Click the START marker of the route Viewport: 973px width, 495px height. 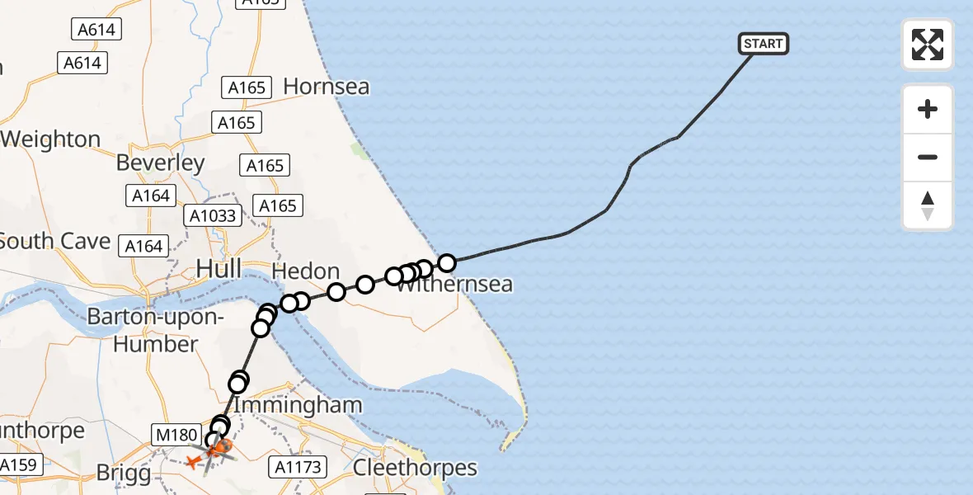[764, 43]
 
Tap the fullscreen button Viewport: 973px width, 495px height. [928, 45]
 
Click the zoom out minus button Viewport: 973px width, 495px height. [928, 157]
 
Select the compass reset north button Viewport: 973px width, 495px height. [928, 205]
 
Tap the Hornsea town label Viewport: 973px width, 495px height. [326, 87]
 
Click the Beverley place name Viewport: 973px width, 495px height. [160, 163]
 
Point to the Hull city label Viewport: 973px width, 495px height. [219, 268]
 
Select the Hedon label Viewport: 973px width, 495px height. [305, 271]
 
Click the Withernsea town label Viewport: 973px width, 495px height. [455, 285]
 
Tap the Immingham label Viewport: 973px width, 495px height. [298, 405]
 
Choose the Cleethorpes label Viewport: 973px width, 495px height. [415, 468]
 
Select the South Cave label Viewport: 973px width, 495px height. [55, 241]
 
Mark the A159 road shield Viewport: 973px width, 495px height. [18, 464]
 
